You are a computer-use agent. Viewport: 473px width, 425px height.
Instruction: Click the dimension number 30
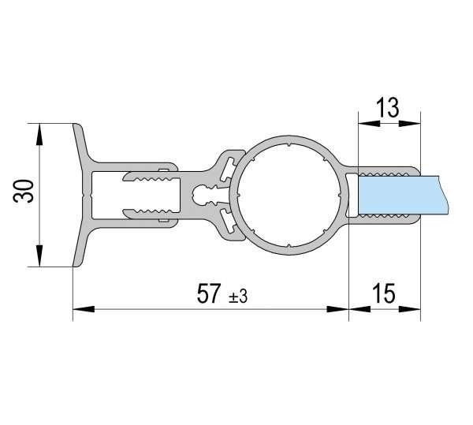(x=23, y=192)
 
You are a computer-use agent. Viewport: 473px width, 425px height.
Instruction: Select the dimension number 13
(x=388, y=108)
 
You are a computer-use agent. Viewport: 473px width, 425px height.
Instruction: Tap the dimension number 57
(x=208, y=294)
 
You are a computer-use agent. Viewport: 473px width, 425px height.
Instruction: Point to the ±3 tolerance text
(x=238, y=297)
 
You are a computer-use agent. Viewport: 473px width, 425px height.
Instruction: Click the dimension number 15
(x=383, y=293)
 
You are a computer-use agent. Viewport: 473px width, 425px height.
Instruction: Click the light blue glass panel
(x=404, y=196)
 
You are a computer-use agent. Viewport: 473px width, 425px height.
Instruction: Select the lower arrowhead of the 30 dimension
(x=39, y=255)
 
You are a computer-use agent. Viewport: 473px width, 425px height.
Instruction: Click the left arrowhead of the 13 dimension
(x=369, y=123)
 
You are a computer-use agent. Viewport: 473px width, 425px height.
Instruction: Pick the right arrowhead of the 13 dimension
(x=410, y=123)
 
